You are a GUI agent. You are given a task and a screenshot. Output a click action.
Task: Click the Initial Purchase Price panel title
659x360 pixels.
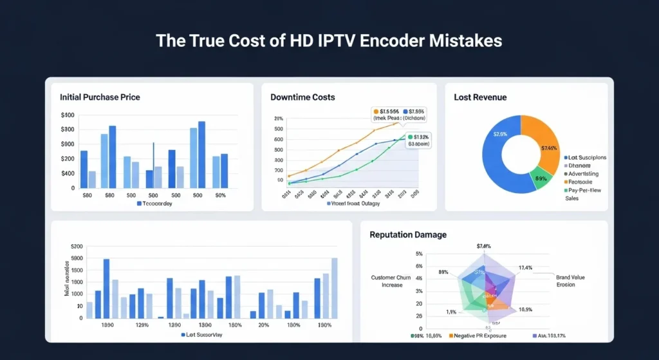coord(100,97)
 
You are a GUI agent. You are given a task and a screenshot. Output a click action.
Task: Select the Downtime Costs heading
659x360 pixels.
coord(302,97)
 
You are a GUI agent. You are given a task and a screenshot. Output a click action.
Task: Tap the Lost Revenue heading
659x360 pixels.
coord(480,97)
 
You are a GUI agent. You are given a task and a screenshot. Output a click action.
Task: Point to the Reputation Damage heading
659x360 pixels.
coord(408,235)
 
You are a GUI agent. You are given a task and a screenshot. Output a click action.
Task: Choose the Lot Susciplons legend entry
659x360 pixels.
coord(586,157)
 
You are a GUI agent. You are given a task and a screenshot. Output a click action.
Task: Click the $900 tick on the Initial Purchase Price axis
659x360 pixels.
coord(68,158)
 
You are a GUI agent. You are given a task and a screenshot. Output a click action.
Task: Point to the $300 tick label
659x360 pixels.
coord(68,129)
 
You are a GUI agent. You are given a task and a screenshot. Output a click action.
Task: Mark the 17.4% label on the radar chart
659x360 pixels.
coord(525,267)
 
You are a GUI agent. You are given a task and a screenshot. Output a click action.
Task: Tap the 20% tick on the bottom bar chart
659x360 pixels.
coord(264,325)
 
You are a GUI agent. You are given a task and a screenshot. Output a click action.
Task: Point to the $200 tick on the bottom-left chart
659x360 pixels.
coord(77,247)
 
